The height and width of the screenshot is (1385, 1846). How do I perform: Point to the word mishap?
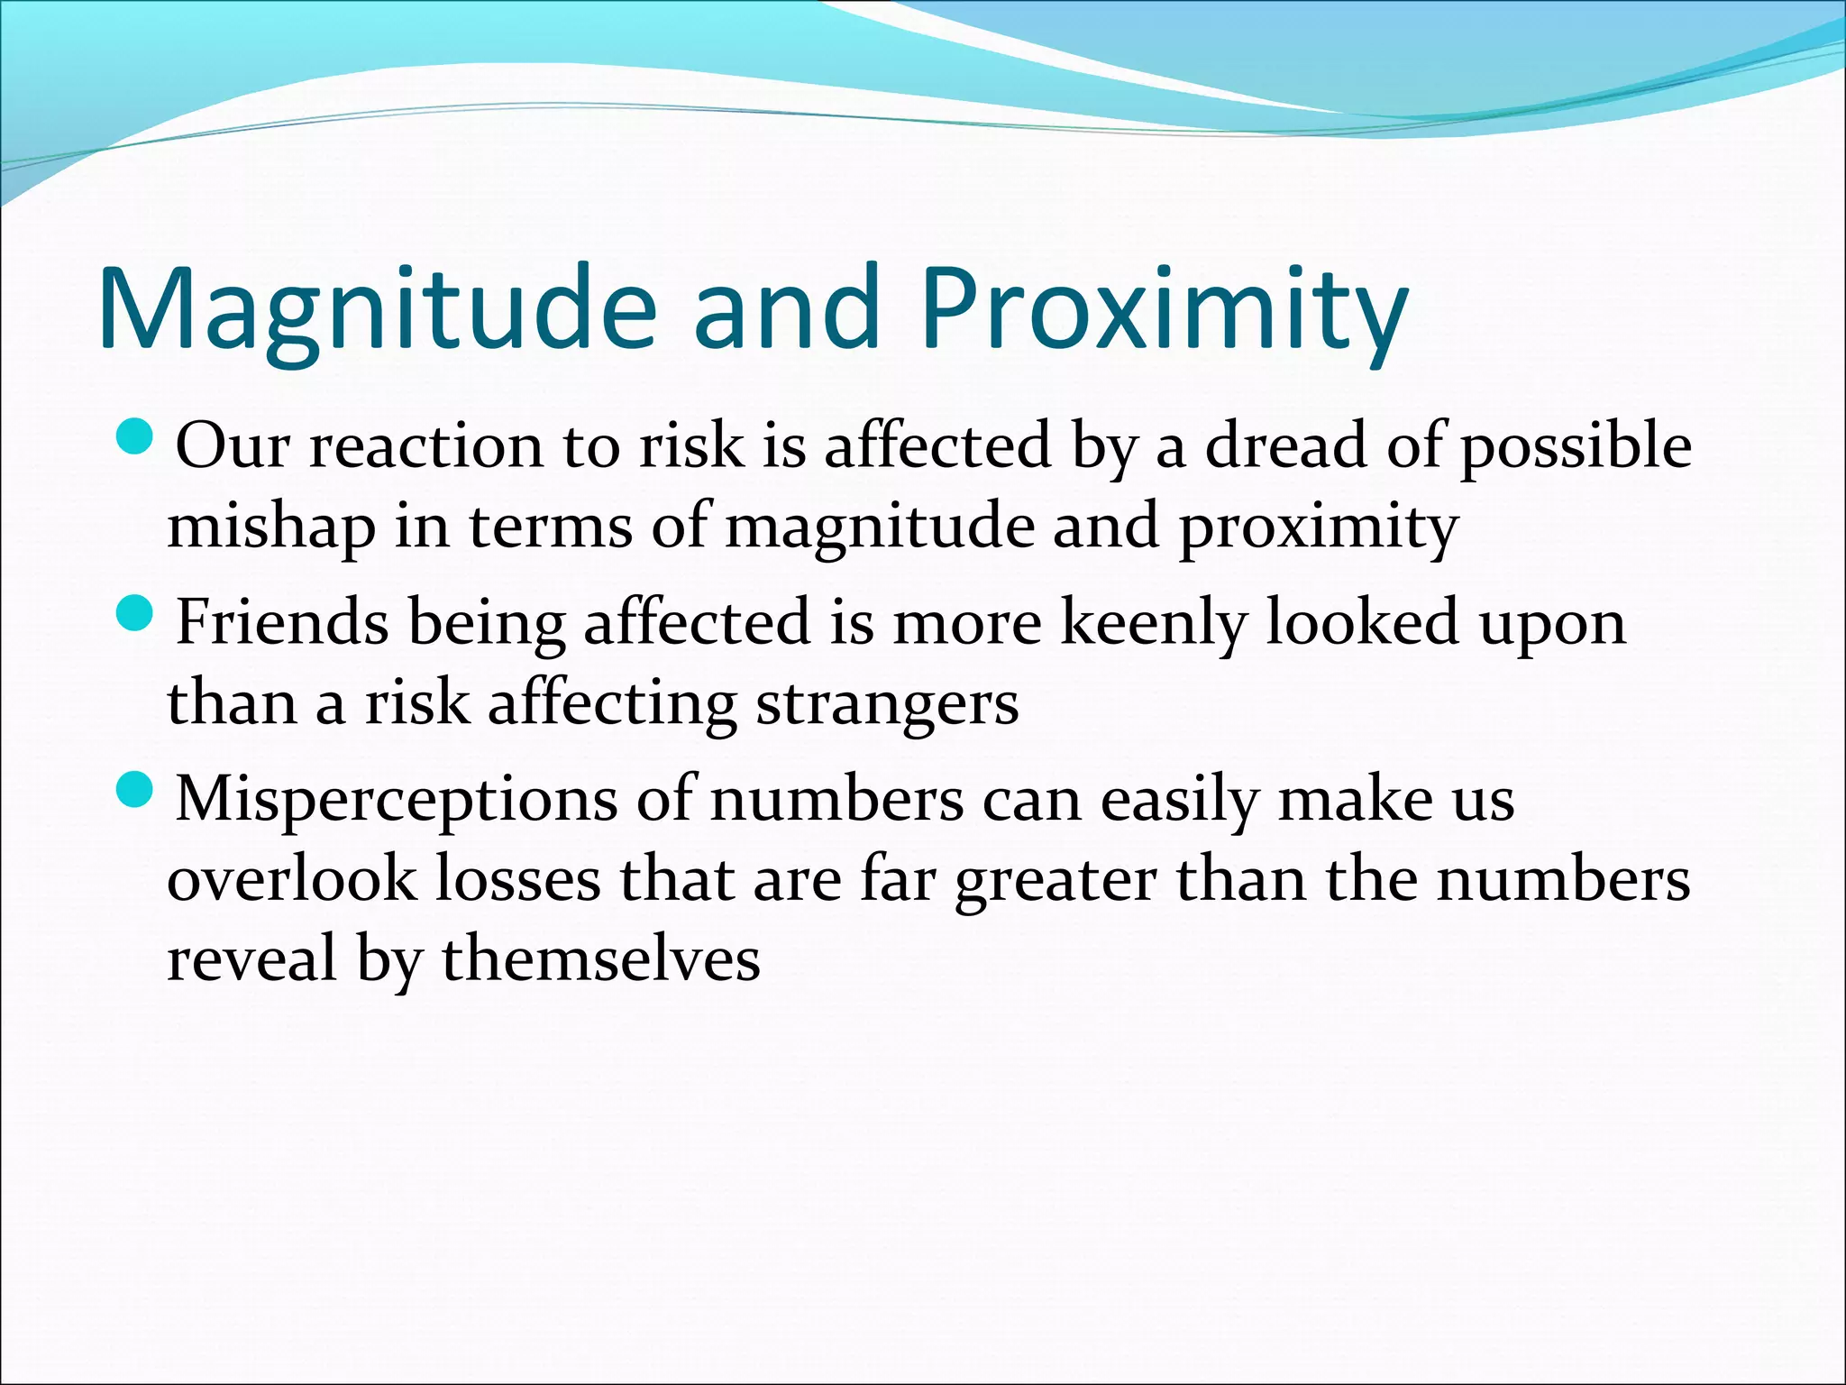coord(270,527)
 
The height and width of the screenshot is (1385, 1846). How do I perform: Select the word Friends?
coord(282,622)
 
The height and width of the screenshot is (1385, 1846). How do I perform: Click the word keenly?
coord(1153,624)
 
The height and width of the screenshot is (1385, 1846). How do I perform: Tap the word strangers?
coord(887,703)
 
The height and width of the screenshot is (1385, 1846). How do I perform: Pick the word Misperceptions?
coord(397,801)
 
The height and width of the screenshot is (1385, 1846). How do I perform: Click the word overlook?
coord(291,878)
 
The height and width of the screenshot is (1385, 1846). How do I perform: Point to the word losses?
coord(517,878)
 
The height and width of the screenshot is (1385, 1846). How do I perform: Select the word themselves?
coord(600,958)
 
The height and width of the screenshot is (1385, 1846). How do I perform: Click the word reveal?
coord(251,958)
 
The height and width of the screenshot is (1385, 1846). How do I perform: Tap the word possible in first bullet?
coord(1575,447)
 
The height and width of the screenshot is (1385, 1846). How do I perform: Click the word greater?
coord(1055,880)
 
